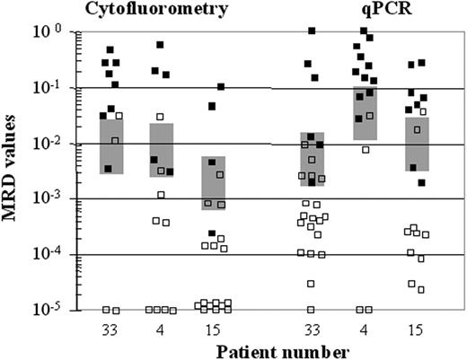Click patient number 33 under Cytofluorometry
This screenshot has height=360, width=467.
(x=110, y=327)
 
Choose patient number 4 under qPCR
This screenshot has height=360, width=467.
(x=364, y=327)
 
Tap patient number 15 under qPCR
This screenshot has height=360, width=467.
(x=416, y=327)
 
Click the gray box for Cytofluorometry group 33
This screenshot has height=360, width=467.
(x=110, y=146)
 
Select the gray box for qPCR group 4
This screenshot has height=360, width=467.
(x=365, y=113)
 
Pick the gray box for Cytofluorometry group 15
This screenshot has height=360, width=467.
(x=214, y=183)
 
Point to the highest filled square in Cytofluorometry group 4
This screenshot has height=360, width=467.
(x=161, y=45)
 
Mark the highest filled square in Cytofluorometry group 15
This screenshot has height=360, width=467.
(x=221, y=87)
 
